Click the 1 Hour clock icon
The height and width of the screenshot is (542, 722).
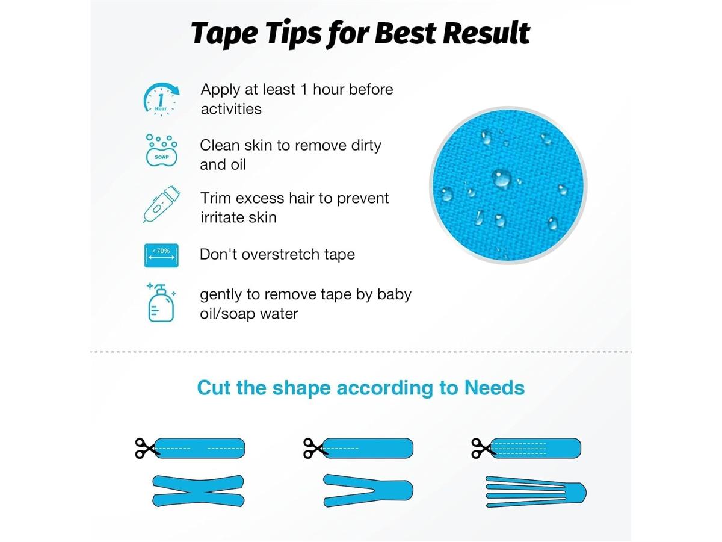coord(161,99)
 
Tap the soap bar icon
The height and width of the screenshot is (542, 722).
coord(161,150)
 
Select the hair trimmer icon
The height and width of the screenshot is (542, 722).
coord(161,204)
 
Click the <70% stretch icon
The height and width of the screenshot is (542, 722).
coord(161,255)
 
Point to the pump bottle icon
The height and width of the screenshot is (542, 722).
coord(161,302)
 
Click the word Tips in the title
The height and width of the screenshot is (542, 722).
coord(294,34)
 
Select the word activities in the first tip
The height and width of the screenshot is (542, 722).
coord(231,109)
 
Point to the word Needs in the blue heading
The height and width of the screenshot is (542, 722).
coord(495,388)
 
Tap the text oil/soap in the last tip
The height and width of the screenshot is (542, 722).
coord(227,314)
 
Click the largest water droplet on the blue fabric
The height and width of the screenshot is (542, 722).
coord(501,178)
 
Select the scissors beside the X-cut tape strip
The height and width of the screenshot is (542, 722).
coord(145,448)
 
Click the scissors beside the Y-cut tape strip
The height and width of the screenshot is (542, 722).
coord(313,448)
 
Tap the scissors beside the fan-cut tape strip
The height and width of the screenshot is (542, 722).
coord(481,448)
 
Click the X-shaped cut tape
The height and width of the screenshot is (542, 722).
coord(198,491)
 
